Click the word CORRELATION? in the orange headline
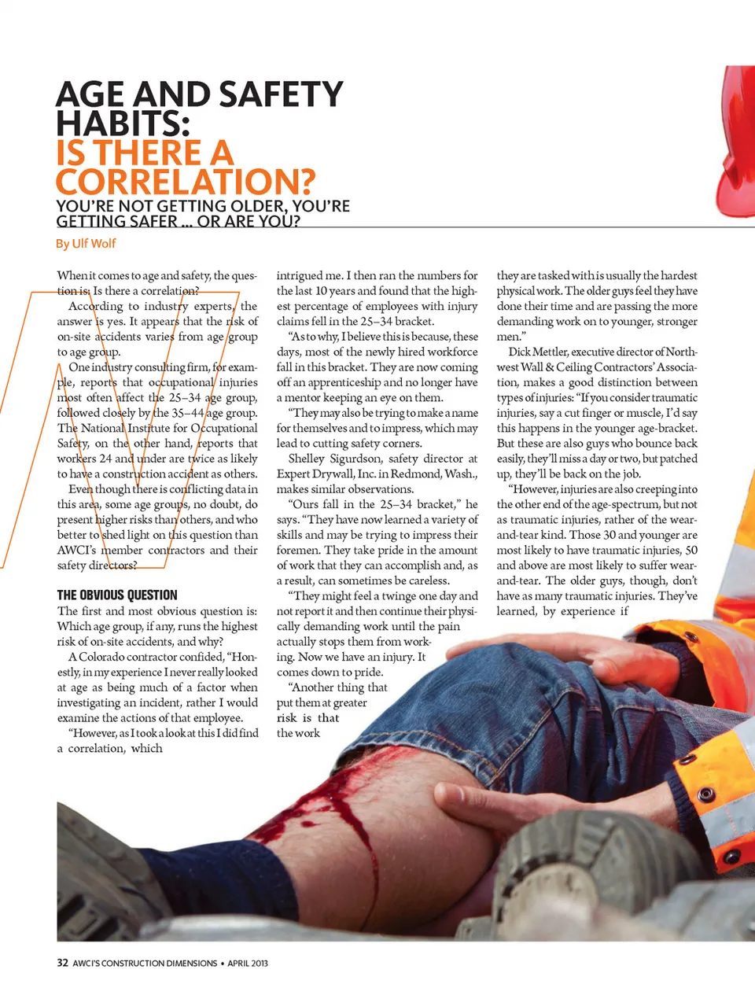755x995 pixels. [185, 182]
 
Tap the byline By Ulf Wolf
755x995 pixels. [86, 244]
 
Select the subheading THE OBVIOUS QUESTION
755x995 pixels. [117, 595]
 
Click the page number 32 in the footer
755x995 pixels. [62, 963]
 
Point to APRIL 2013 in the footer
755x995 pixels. [248, 963]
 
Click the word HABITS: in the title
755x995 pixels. [123, 124]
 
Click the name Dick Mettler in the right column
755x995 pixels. [538, 352]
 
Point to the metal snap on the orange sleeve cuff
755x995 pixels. [705, 794]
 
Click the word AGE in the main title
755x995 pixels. [90, 95]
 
